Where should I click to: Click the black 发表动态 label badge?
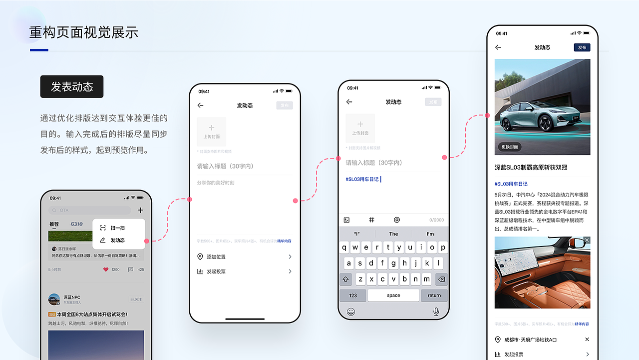pyautogui.click(x=72, y=86)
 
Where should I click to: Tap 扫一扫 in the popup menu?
pyautogui.click(x=117, y=228)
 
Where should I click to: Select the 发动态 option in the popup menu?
pyautogui.click(x=117, y=240)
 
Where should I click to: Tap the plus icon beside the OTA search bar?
pyautogui.click(x=140, y=210)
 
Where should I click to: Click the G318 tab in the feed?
pyautogui.click(x=76, y=224)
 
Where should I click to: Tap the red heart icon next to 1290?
pyautogui.click(x=106, y=269)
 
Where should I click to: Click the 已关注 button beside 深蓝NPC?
pyautogui.click(x=136, y=299)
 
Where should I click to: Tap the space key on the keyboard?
pyautogui.click(x=393, y=295)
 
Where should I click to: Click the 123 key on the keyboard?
pyautogui.click(x=353, y=295)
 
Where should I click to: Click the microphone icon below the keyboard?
pyautogui.click(x=436, y=311)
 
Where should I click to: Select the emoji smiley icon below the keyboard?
pyautogui.click(x=351, y=311)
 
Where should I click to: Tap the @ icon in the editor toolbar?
pyautogui.click(x=397, y=220)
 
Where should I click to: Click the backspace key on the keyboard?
pyautogui.click(x=441, y=279)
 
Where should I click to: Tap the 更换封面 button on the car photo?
pyautogui.click(x=510, y=147)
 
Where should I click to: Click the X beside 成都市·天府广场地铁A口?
pyautogui.click(x=587, y=339)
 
